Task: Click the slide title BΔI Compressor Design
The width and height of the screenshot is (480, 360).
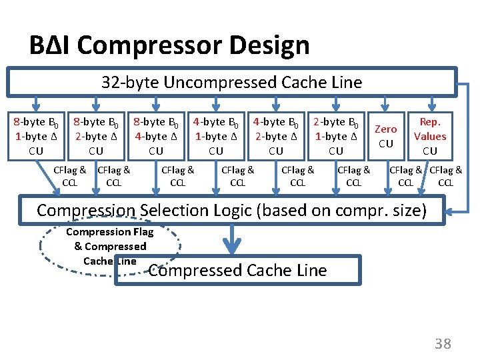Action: point(169,45)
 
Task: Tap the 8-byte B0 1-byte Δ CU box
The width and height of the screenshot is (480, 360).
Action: point(36,136)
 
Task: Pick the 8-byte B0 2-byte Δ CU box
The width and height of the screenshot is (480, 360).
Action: point(96,136)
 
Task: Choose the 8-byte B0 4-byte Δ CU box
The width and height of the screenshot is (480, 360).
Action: point(156,136)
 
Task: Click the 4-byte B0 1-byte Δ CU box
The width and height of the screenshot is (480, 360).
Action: point(216,136)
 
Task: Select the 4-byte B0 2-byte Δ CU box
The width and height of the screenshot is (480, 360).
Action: point(276,136)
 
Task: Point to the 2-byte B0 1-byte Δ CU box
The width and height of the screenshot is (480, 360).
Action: point(336,136)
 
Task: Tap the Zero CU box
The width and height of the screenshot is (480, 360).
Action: point(385,136)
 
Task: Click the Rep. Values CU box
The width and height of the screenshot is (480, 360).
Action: point(430,136)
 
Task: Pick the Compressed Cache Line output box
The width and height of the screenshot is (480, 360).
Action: point(237,270)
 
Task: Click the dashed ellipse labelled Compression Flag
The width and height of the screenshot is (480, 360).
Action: point(110,247)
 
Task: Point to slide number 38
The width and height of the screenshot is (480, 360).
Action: point(443,344)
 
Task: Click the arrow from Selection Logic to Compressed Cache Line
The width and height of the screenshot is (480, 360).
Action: point(231,240)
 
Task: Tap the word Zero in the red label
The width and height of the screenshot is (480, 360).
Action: point(385,129)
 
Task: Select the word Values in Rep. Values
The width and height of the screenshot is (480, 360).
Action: point(430,137)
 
